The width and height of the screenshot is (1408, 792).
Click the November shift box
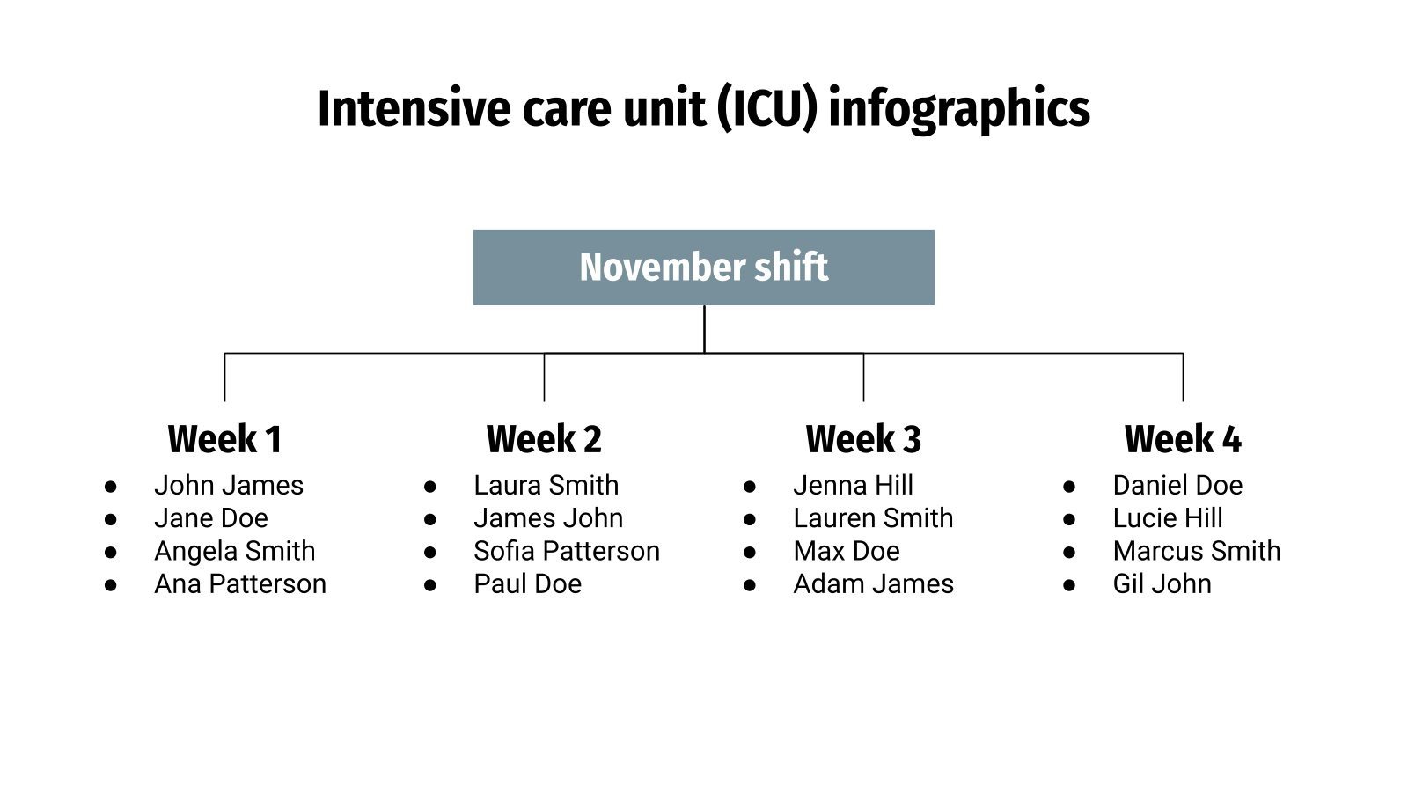point(703,268)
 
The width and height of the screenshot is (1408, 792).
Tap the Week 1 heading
point(224,439)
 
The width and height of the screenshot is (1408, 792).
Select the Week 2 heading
point(544,439)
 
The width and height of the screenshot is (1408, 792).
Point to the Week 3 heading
point(863,439)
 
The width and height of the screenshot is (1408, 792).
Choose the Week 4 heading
point(1183,439)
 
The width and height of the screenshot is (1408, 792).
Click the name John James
point(229,486)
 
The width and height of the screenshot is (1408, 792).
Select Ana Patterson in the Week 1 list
point(240,584)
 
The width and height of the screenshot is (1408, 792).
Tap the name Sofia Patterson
point(567,552)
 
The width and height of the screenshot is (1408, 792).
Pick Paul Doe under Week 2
point(528,584)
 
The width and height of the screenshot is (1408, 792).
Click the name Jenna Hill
point(853,486)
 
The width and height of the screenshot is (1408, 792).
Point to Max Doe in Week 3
point(847,552)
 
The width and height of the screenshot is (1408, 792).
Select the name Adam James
point(873,584)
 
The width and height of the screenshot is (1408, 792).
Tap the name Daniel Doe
point(1177,486)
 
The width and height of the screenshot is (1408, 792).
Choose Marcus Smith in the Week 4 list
point(1197,552)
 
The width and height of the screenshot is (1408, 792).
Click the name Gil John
point(1162,584)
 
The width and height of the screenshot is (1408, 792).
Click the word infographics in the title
point(959,109)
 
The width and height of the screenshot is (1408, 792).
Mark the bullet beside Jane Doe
point(111,519)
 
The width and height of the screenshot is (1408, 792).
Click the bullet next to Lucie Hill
point(1069,519)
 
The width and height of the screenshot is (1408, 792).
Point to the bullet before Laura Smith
point(430,487)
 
